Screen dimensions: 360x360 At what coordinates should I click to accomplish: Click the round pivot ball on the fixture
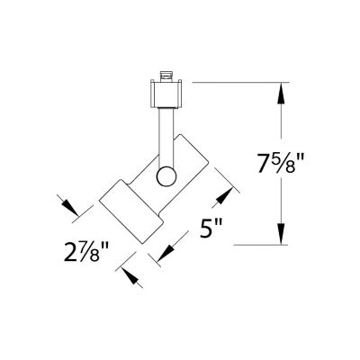tap(166, 175)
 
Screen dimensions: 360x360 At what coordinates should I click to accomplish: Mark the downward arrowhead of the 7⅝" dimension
tap(283, 235)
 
